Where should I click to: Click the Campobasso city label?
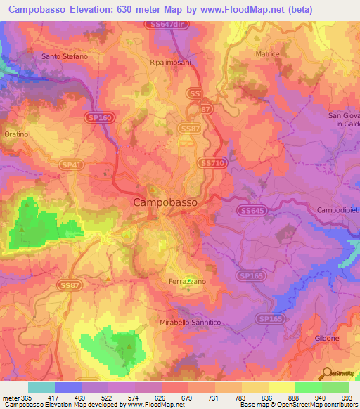click(165, 202)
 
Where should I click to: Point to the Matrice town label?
click(267, 54)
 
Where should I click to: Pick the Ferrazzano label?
click(187, 281)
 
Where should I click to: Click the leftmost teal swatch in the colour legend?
click(41, 387)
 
